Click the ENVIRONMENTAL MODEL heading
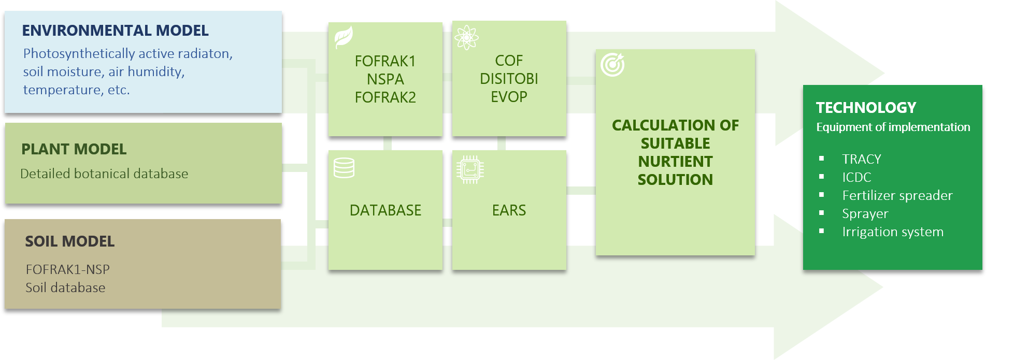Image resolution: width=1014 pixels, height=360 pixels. tap(115, 31)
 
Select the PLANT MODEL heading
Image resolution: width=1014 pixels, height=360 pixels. tap(74, 149)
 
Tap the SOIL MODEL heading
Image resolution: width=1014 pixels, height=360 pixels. tap(70, 241)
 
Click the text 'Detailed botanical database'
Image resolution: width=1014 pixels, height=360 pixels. tap(104, 174)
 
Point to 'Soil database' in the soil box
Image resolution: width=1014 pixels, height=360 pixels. tap(65, 287)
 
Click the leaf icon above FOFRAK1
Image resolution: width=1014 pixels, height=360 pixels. tap(343, 37)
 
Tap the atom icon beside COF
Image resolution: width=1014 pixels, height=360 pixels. tap(466, 37)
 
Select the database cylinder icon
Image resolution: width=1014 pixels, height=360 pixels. tap(344, 168)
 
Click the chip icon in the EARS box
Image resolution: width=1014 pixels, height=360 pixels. tap(470, 169)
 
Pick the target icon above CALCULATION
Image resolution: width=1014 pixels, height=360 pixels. tap(612, 65)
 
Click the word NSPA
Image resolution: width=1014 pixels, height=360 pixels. tap(385, 79)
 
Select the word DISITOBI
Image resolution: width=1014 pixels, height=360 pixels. tap(509, 79)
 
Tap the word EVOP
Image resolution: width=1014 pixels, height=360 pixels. tap(509, 97)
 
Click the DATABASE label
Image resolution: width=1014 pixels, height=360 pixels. tap(385, 210)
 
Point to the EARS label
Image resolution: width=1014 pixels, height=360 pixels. tap(509, 210)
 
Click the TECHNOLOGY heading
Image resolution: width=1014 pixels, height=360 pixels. tap(866, 108)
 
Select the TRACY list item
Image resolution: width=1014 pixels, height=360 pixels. tap(861, 159)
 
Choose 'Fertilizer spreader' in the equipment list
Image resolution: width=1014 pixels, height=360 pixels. tap(897, 195)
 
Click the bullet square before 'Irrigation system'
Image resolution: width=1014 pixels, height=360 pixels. tap(821, 232)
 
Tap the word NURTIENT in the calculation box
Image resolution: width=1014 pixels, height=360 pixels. tap(675, 162)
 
